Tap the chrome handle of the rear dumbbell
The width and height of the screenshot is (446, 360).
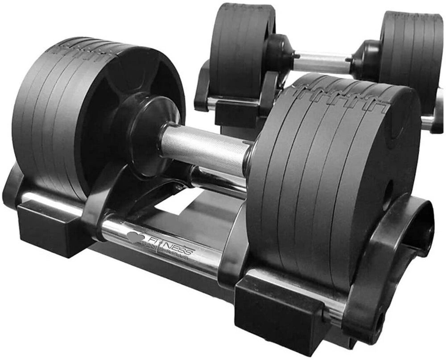[321, 62]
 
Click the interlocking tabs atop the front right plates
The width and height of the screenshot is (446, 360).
[339, 96]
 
